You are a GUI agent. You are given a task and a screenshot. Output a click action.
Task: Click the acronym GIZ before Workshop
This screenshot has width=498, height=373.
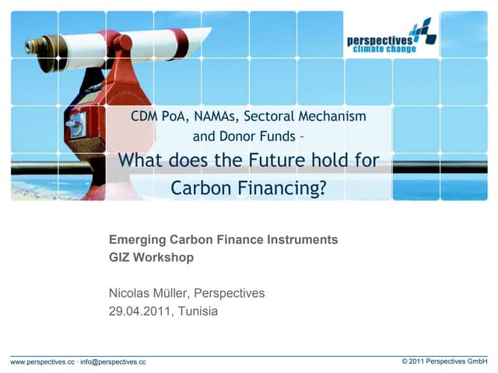[x=121, y=257]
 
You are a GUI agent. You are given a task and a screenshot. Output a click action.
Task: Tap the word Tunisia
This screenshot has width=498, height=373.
[x=198, y=311]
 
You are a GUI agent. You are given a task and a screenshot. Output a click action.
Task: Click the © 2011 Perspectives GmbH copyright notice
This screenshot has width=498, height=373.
[x=444, y=362]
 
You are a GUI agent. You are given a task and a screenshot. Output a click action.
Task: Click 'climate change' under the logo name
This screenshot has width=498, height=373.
[x=386, y=49]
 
